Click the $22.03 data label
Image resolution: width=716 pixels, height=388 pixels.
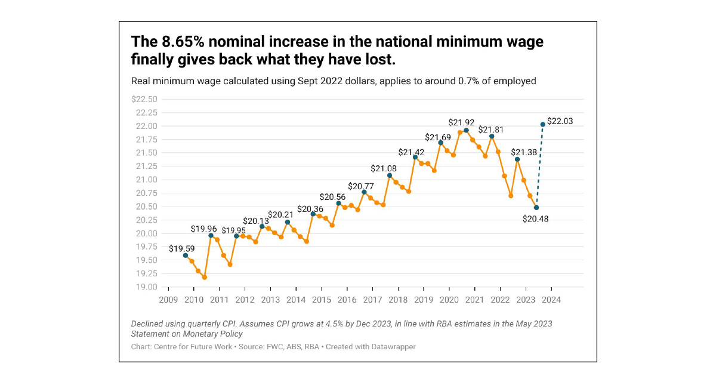(560, 121)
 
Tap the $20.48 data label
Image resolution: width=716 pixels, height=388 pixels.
(536, 219)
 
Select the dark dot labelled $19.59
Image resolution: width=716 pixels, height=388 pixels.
(186, 255)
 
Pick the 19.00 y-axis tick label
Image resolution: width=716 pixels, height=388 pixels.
(146, 287)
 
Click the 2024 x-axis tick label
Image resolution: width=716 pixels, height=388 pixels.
(551, 300)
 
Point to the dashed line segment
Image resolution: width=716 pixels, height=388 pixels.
(540, 166)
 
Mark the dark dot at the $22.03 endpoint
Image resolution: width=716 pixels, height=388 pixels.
(543, 124)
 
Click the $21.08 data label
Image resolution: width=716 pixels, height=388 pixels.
(382, 168)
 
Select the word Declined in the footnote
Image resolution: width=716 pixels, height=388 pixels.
(147, 324)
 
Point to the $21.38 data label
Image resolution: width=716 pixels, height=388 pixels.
(523, 152)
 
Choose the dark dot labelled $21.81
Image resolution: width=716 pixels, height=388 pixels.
(492, 136)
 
